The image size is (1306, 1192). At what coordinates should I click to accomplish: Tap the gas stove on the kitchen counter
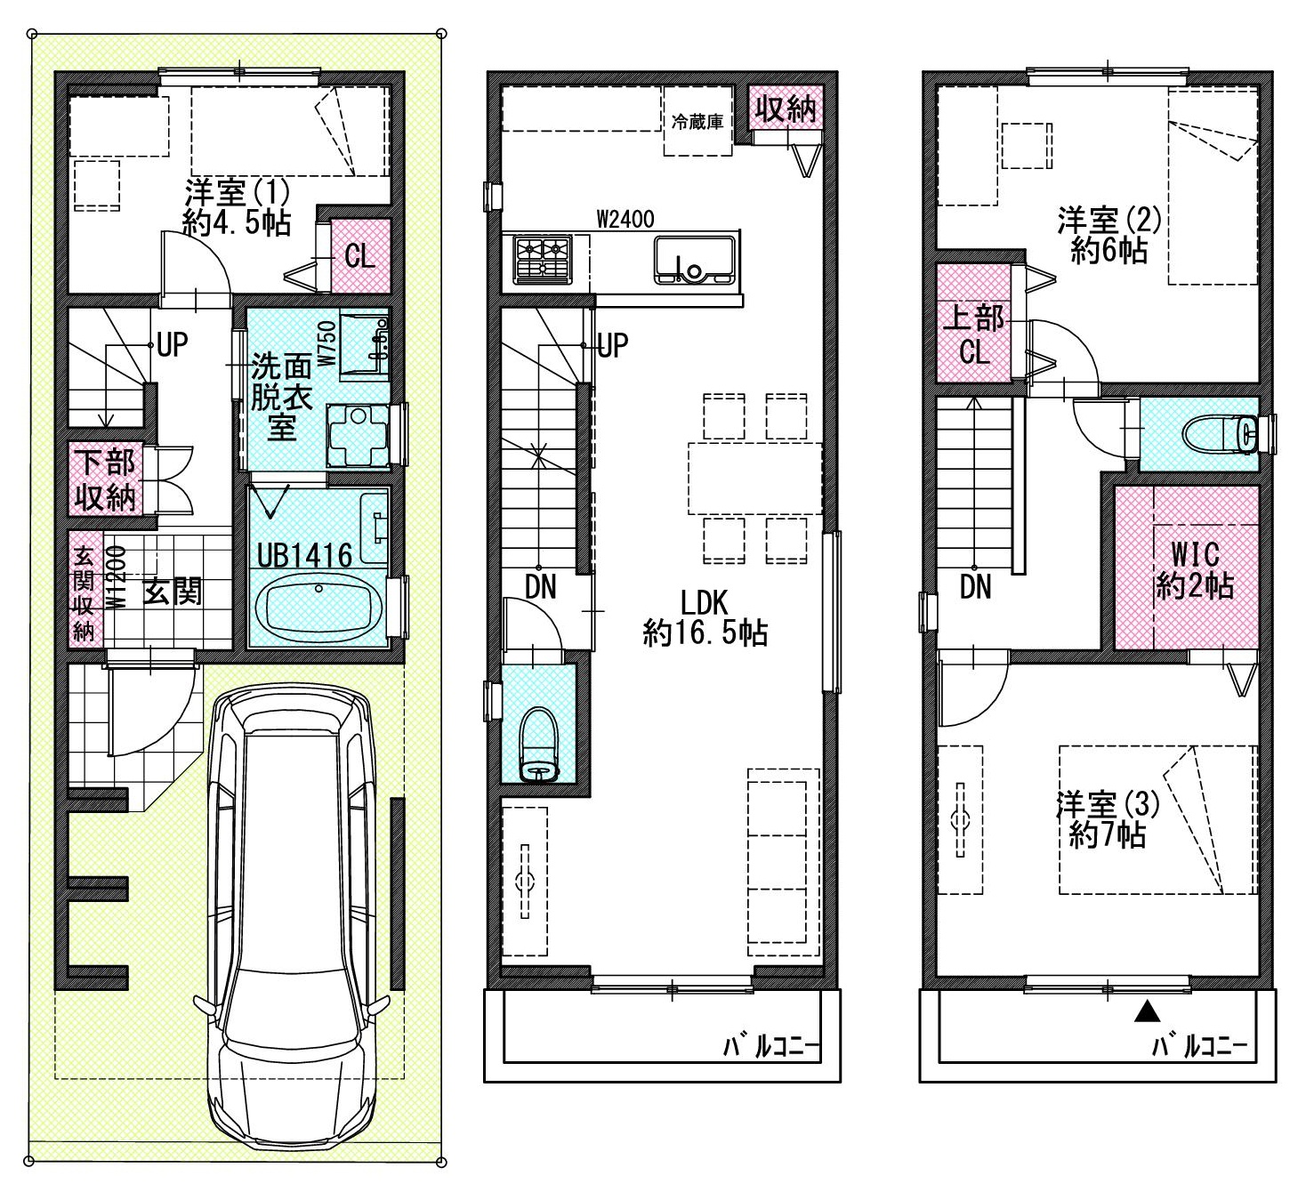tap(543, 260)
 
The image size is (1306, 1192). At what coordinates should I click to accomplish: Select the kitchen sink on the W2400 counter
tap(696, 260)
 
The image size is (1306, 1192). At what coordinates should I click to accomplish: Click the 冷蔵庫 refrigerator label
tap(697, 122)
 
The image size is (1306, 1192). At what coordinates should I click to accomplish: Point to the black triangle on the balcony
tap(1147, 1011)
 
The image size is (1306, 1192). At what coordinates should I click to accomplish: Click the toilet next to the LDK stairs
tap(540, 744)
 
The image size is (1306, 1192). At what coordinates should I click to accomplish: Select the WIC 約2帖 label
tap(1195, 570)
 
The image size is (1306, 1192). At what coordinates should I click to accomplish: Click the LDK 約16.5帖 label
tap(705, 618)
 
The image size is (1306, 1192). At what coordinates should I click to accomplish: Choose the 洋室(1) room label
tap(237, 193)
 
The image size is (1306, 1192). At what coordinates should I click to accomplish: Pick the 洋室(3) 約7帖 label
tap(1108, 819)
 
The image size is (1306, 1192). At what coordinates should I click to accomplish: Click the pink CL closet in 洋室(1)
tap(360, 256)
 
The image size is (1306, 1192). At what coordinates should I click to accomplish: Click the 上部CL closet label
tap(973, 335)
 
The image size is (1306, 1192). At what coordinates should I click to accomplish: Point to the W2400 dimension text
tap(625, 219)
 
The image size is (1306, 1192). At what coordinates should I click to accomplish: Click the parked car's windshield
tap(291, 758)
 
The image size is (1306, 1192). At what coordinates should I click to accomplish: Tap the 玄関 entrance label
tap(172, 592)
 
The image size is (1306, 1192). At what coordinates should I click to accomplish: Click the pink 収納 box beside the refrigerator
tap(786, 108)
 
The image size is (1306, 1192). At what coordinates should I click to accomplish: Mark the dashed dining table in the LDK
tap(755, 478)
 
